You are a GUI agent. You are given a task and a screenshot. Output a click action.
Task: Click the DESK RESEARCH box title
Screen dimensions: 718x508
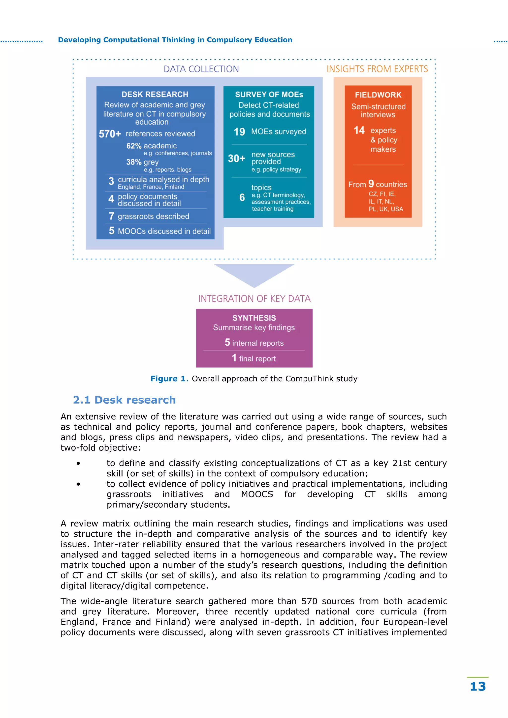coord(155,94)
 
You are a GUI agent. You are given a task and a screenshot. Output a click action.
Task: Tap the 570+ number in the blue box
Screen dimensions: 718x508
coord(110,134)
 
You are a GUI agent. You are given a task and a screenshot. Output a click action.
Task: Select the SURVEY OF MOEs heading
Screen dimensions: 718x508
coord(269,94)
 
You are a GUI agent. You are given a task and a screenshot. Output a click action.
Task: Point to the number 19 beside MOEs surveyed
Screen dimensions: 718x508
coord(239,132)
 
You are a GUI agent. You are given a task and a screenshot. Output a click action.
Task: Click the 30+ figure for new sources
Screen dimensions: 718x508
coord(236,159)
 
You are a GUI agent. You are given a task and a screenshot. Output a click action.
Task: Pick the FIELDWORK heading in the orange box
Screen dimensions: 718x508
coord(378,95)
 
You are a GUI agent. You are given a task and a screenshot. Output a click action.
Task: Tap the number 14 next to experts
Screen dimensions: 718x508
coord(359,130)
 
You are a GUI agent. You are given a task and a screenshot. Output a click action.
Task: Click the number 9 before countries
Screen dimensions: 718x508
coord(371,184)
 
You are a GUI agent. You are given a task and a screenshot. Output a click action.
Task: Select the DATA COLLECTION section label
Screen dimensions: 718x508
coord(201,69)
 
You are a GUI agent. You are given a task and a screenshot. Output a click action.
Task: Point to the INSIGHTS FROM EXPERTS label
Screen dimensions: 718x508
coord(377,69)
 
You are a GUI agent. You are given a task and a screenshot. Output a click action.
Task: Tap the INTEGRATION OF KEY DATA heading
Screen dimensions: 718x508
coord(254,299)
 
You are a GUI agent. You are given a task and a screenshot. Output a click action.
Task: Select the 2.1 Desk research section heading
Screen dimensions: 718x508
coord(124,400)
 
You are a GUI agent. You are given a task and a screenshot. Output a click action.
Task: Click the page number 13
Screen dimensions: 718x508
coord(478,687)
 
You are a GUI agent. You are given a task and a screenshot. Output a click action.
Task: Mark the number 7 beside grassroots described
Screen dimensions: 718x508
coord(111,216)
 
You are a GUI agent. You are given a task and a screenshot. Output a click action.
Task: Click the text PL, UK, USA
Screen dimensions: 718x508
coord(386,209)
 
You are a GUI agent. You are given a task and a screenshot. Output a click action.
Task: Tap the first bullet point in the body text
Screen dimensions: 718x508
coord(78,463)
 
